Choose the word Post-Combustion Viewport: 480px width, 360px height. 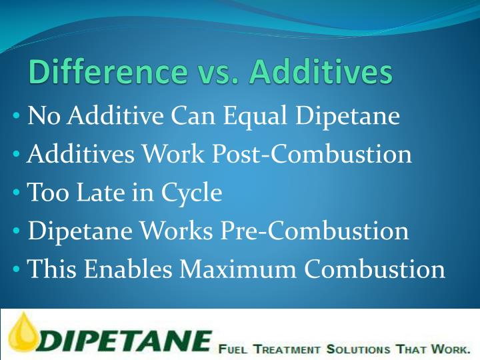(311, 155)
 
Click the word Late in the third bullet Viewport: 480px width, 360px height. (97, 193)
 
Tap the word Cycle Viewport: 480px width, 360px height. (191, 194)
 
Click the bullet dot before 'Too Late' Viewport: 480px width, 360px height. (16, 194)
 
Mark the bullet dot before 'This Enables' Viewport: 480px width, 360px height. (16, 271)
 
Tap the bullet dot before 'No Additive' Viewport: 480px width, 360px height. (16, 117)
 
